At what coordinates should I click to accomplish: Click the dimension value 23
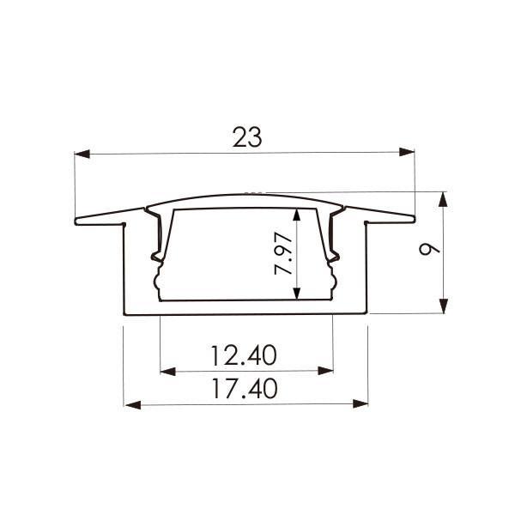coord(246,136)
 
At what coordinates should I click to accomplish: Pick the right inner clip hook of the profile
coord(336,255)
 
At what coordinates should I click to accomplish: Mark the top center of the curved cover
coord(246,192)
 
